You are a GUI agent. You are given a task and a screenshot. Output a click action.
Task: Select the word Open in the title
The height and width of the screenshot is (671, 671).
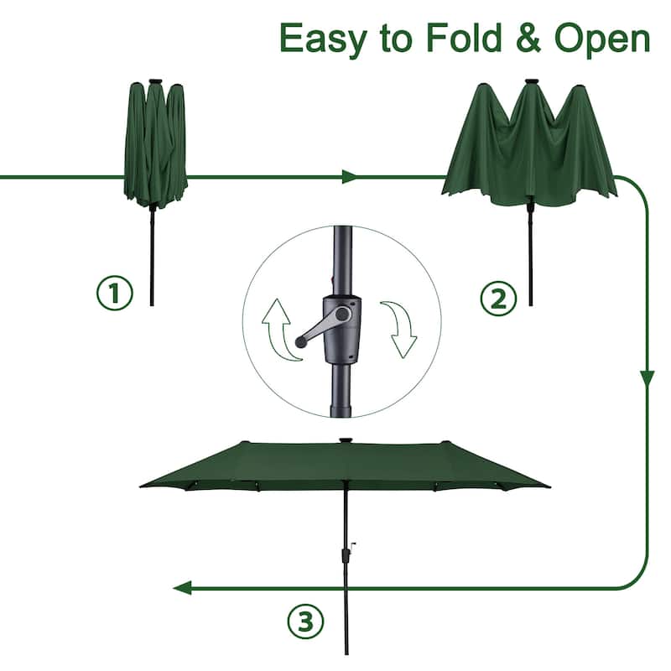602,39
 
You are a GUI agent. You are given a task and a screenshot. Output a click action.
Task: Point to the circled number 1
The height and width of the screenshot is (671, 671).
113,294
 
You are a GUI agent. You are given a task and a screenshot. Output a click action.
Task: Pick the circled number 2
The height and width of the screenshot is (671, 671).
497,298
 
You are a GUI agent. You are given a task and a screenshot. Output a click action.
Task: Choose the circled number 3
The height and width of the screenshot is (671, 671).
305,622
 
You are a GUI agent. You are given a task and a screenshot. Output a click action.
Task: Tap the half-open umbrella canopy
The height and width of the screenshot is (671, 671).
528,143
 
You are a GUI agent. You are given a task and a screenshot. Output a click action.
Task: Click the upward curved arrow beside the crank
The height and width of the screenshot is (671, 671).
279,330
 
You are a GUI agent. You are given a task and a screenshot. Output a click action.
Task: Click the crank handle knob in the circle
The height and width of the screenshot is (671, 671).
300,341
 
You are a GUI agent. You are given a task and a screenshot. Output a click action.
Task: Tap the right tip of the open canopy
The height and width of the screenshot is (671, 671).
547,486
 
